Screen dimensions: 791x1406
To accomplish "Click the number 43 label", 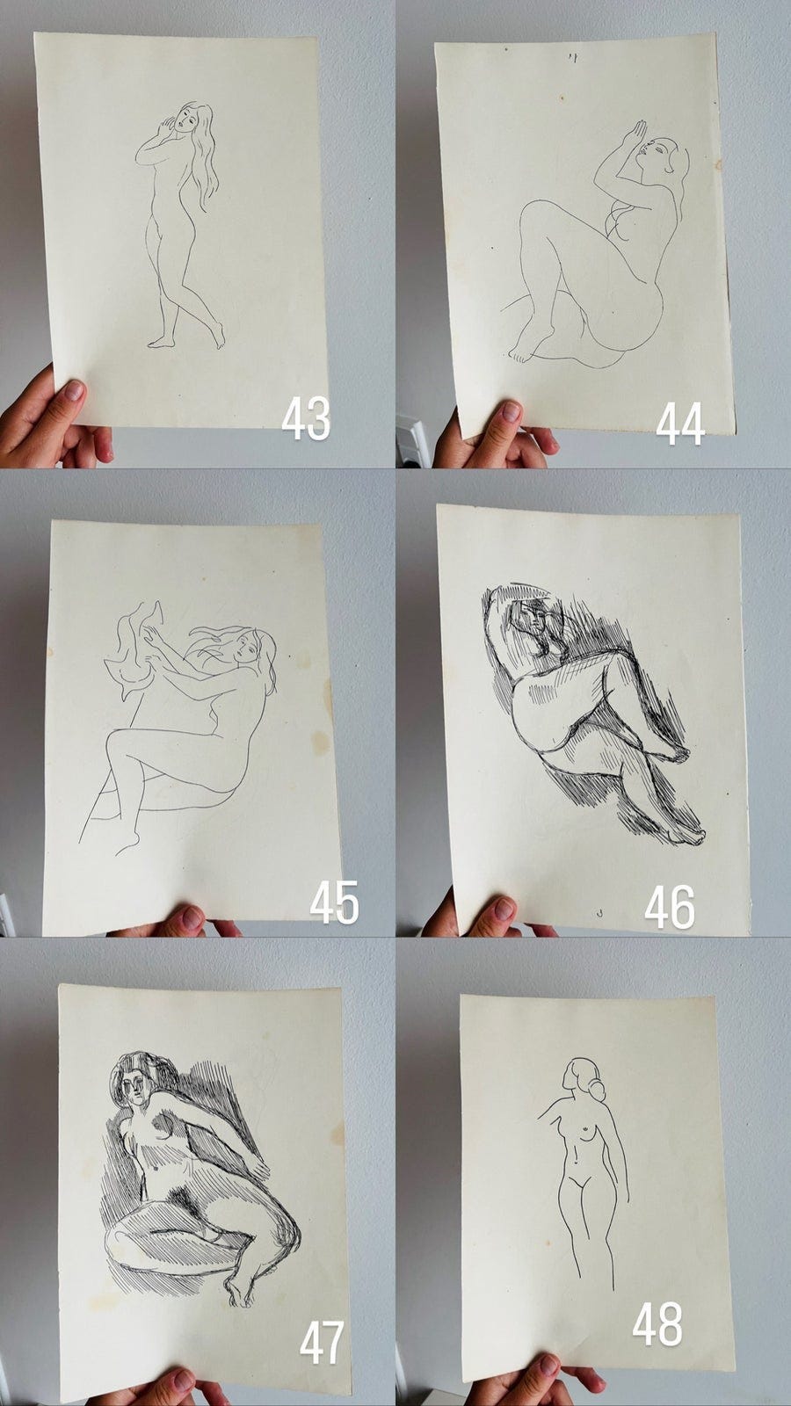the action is tap(306, 418).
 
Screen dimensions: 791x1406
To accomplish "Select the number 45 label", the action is tap(335, 902).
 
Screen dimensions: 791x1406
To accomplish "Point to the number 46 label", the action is tap(670, 908).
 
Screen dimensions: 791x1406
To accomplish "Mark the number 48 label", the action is tap(657, 1323).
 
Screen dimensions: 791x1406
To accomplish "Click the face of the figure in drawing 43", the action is tap(185, 120).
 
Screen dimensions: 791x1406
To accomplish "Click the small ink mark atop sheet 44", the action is tap(573, 58).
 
